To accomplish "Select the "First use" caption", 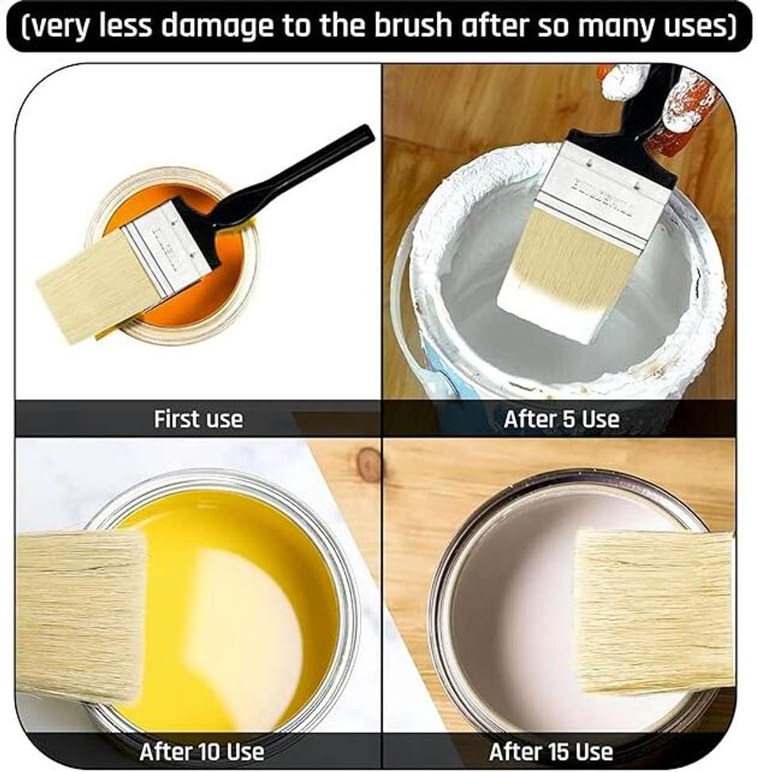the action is [199, 419].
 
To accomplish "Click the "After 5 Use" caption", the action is [562, 419].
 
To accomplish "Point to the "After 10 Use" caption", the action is [202, 752].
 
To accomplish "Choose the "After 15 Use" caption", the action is [551, 752].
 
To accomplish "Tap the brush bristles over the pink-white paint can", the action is [655, 612].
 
